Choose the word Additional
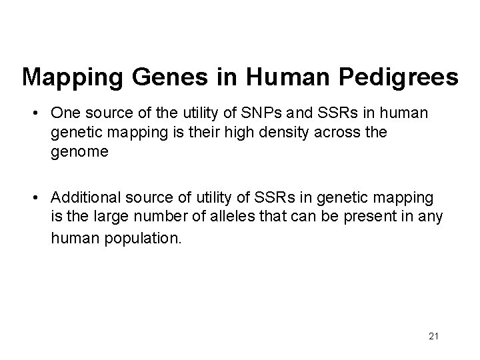tap(83, 197)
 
